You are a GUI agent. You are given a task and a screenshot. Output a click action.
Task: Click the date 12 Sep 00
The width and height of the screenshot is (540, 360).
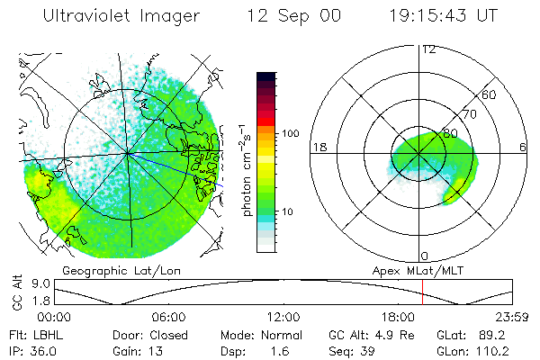294,16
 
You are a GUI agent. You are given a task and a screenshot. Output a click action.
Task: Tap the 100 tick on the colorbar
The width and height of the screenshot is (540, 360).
290,133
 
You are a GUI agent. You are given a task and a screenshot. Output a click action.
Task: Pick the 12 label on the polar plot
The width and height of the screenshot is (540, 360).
427,49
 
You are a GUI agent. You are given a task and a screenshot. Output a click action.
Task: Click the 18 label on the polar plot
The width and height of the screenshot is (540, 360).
318,147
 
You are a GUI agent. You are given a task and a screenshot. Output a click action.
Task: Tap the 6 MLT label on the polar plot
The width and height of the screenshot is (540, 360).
523,147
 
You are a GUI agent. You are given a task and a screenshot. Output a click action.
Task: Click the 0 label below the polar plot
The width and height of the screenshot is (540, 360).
426,256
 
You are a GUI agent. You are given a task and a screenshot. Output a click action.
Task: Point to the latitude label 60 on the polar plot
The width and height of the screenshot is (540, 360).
490,94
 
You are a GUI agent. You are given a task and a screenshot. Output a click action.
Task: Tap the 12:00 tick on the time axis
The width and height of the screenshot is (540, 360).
283,317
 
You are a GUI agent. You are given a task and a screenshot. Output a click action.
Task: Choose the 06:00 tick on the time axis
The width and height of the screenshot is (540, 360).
168,317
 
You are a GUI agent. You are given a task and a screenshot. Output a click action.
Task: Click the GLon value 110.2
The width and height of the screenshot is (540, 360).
491,351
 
